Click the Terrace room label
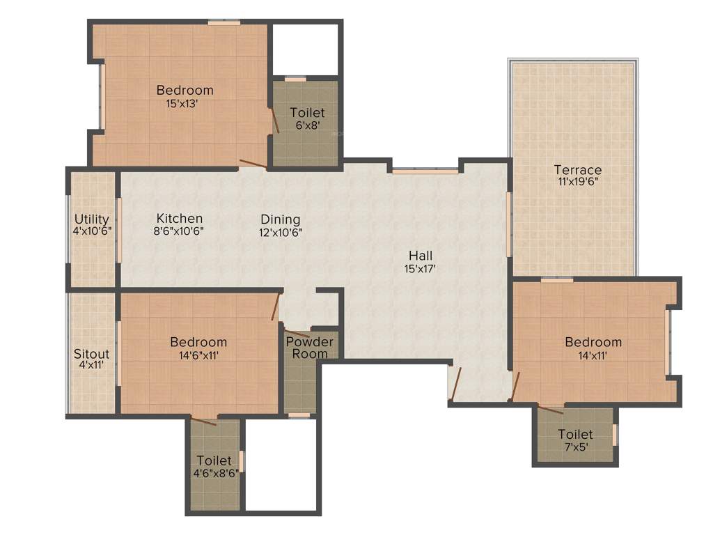pyautogui.click(x=577, y=169)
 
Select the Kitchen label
pyautogui.click(x=179, y=219)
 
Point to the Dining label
pyautogui.click(x=281, y=219)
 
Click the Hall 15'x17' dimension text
pyautogui.click(x=420, y=268)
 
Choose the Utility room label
pyautogui.click(x=92, y=219)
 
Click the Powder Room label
pyautogui.click(x=310, y=348)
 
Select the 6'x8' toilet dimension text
pyautogui.click(x=307, y=125)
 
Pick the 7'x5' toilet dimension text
pyautogui.click(x=575, y=447)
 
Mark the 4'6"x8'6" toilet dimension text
pyautogui.click(x=214, y=473)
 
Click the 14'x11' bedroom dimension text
pyautogui.click(x=593, y=355)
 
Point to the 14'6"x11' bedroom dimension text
pyautogui.click(x=198, y=355)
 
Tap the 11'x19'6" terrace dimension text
pyautogui.click(x=577, y=182)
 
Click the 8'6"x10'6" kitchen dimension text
pyautogui.click(x=179, y=231)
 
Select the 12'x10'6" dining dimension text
pyautogui.click(x=281, y=231)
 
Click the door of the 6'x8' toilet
pyautogui.click(x=276, y=120)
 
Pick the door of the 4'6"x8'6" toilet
pyautogui.click(x=204, y=421)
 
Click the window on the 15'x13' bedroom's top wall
pyautogui.click(x=224, y=23)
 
